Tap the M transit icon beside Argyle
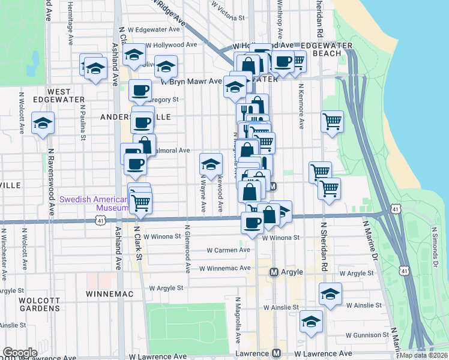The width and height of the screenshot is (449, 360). [274, 272]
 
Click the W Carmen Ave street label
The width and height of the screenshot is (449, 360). [228, 250]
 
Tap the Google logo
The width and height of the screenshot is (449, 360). [20, 353]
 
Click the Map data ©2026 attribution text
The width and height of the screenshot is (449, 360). [423, 355]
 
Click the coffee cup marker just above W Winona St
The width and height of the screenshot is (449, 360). [252, 223]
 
